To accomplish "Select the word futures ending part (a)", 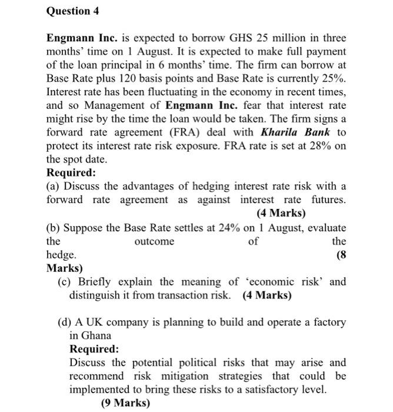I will tap(327, 200).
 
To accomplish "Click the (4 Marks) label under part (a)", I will tap(281, 213).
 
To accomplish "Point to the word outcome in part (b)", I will tap(154, 241).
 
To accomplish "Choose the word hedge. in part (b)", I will tap(61, 255).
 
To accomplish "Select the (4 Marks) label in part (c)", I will tap(267, 295).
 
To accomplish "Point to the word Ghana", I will tap(96, 335).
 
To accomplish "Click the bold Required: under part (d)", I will tap(94, 349).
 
